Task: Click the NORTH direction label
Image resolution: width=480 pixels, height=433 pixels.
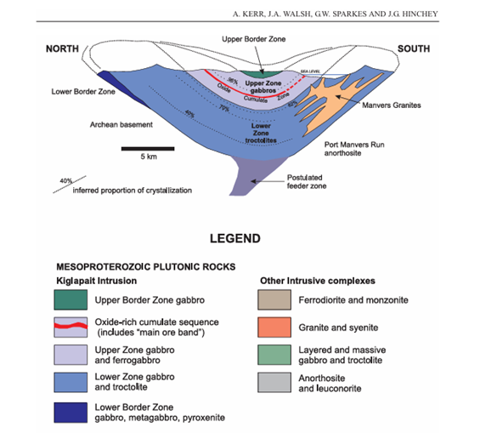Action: (x=64, y=48)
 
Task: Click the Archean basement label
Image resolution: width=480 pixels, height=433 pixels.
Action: (x=120, y=124)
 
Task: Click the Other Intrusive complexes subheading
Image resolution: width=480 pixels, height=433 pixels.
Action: (x=317, y=280)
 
